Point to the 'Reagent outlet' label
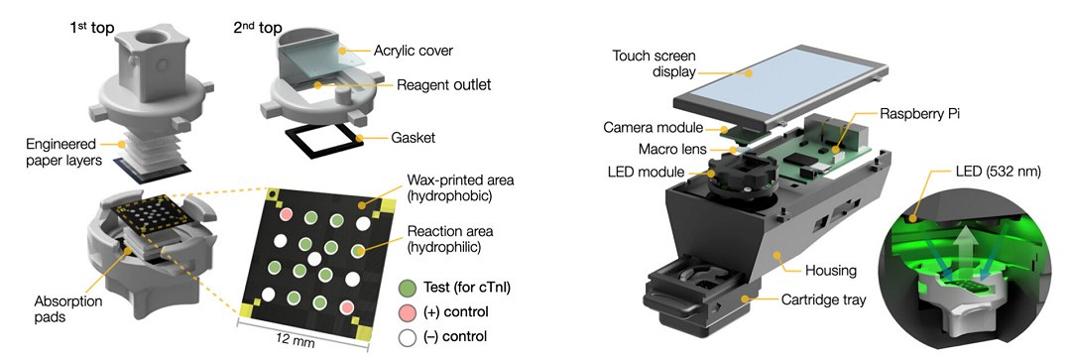[x=444, y=85]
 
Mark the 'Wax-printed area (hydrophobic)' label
[x=460, y=187]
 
